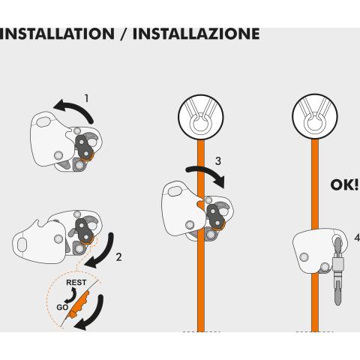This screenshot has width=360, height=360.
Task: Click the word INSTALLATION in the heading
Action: (x=57, y=34)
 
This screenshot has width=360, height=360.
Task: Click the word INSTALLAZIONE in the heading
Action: (x=196, y=34)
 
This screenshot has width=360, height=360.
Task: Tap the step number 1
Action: (x=86, y=98)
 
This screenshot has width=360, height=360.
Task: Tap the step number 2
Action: (x=118, y=257)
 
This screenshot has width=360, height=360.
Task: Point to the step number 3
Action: (x=218, y=161)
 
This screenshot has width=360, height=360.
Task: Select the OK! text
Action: (x=344, y=185)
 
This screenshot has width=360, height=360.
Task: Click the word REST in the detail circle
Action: (x=76, y=283)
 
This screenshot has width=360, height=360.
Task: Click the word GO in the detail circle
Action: (x=62, y=307)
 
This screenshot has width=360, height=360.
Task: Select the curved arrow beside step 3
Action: (x=208, y=172)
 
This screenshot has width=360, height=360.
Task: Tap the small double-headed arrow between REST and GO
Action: (x=72, y=295)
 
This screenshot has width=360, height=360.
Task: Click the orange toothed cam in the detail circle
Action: (x=79, y=304)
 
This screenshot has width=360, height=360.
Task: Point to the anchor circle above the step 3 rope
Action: (x=201, y=117)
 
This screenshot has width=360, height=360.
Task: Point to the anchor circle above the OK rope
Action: (x=315, y=116)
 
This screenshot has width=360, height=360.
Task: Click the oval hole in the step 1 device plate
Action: (x=43, y=121)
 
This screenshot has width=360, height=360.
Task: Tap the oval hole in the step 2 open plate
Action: (x=22, y=245)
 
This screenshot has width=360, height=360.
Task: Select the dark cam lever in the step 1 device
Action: (x=83, y=146)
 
